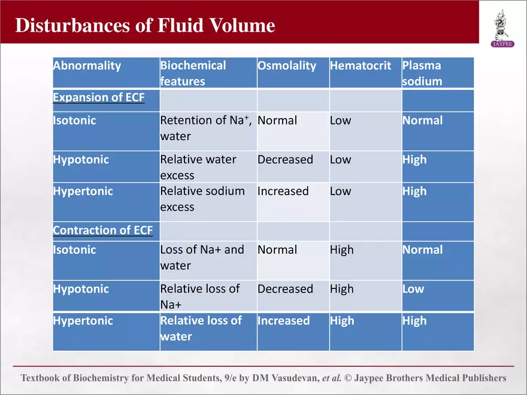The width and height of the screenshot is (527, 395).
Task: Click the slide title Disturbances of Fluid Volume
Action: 145,25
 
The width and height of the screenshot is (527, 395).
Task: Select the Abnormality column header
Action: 87,66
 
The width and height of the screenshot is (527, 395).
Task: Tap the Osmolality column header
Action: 286,66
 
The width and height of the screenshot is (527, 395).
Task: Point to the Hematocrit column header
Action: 360,66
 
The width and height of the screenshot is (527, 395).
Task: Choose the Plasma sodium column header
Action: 422,73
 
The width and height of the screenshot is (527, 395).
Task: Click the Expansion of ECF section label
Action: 98,98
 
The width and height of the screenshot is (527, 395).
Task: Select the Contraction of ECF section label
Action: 102,230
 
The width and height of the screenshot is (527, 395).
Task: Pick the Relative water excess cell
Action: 198,167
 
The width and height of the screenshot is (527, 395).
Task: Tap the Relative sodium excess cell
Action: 202,199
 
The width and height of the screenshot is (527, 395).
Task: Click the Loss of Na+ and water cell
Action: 202,257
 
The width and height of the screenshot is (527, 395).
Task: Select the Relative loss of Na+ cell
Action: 199,296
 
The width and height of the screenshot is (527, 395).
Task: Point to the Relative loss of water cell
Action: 201,328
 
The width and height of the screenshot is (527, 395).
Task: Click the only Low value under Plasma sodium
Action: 413,289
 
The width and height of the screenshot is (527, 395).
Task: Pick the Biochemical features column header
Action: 193,73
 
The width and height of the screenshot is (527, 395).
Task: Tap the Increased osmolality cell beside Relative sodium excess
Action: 283,192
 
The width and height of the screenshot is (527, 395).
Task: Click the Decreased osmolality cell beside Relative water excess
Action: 285,160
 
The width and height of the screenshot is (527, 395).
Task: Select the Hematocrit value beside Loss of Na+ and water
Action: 341,250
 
